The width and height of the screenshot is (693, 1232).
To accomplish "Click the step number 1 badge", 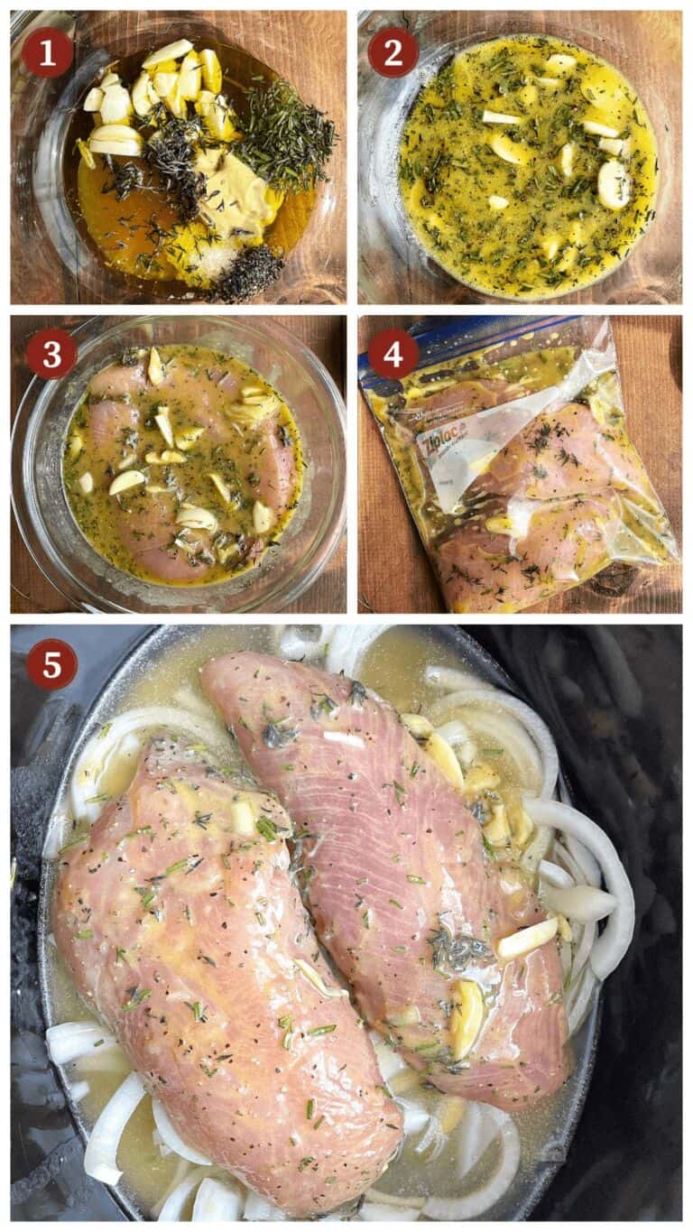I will [47, 52].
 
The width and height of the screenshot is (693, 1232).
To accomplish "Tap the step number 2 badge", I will [393, 52].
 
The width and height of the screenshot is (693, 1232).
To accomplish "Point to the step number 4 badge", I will [393, 354].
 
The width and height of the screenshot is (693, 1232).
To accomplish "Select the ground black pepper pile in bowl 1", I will [245, 273].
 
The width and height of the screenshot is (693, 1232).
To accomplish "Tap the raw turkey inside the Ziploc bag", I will [541, 505].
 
